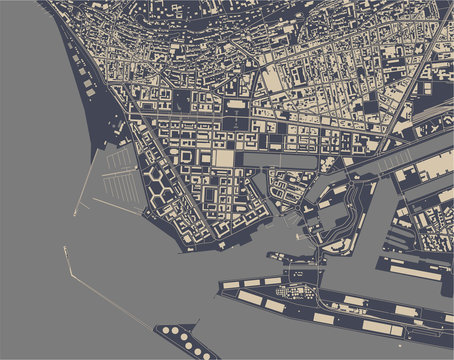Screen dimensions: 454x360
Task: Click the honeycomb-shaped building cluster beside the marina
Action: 160,185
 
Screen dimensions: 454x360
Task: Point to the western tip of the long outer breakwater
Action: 65,247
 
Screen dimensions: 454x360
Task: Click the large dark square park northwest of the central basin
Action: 183,101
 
